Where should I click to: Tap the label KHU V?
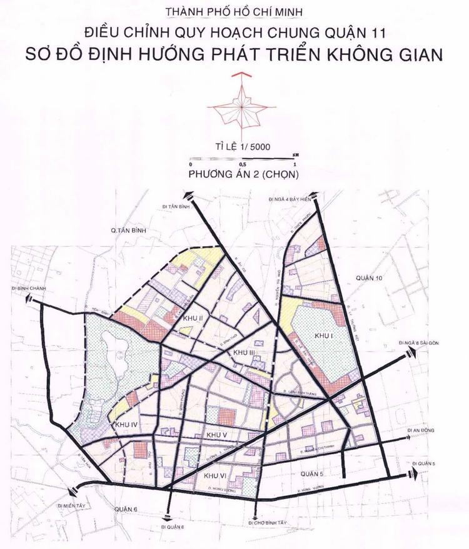[216, 433]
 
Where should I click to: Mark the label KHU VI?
[216, 476]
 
